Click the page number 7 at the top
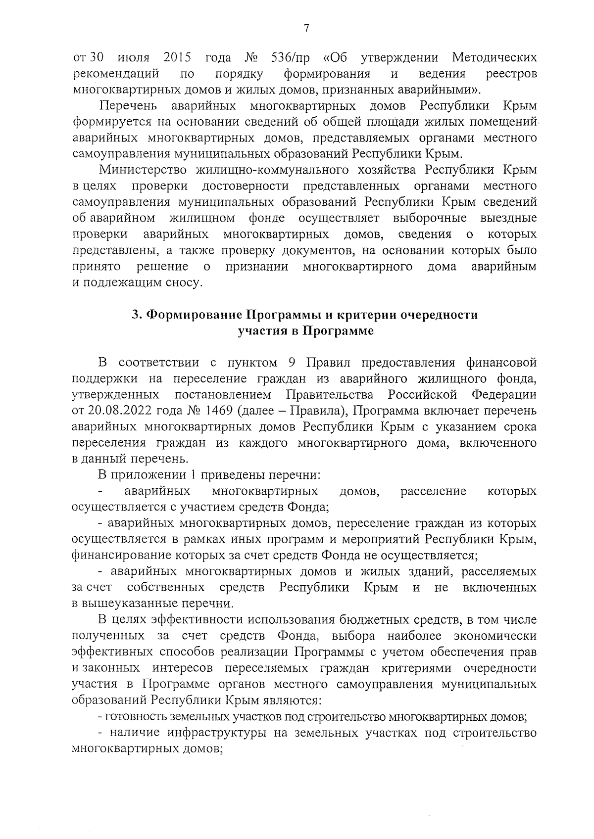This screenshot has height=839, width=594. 306,29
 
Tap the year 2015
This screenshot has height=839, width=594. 177,58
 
